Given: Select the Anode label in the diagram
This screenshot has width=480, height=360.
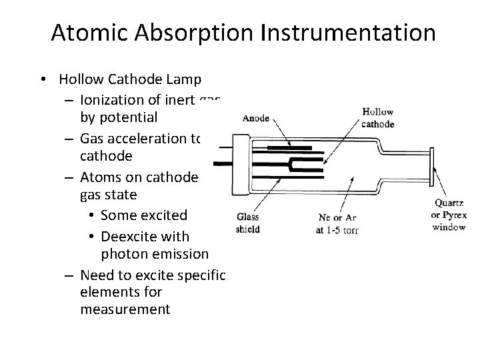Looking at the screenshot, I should tap(256, 118).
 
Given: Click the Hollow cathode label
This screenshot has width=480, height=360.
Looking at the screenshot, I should tap(377, 118).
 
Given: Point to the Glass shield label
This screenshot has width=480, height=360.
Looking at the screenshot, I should tap(248, 223).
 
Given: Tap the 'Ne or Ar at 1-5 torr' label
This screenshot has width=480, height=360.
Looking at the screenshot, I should tap(337, 223).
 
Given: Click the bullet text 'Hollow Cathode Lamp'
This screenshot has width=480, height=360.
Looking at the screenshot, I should tap(130, 80).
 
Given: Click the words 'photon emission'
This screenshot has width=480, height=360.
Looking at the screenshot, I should tap(155, 254).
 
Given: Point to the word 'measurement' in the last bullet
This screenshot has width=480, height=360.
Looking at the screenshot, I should tap(125, 310).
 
